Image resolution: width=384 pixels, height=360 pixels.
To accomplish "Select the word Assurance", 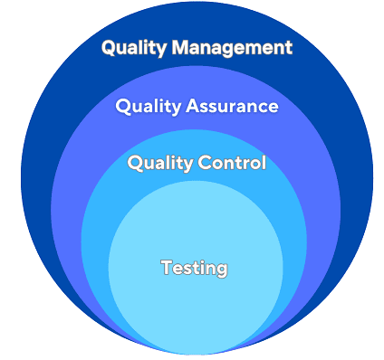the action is [232, 107].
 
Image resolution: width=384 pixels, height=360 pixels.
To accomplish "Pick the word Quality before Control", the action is [157, 164].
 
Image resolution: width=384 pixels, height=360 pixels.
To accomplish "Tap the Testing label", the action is [194, 268].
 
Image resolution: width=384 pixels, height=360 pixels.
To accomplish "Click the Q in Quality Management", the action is [109, 48].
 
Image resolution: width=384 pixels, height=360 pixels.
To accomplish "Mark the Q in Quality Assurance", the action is [123, 107].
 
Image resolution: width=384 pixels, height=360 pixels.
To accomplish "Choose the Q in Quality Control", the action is [135, 164].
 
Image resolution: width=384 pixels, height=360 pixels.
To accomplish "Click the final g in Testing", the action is [221, 270].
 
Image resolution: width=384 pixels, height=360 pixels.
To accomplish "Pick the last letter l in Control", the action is [264, 163].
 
